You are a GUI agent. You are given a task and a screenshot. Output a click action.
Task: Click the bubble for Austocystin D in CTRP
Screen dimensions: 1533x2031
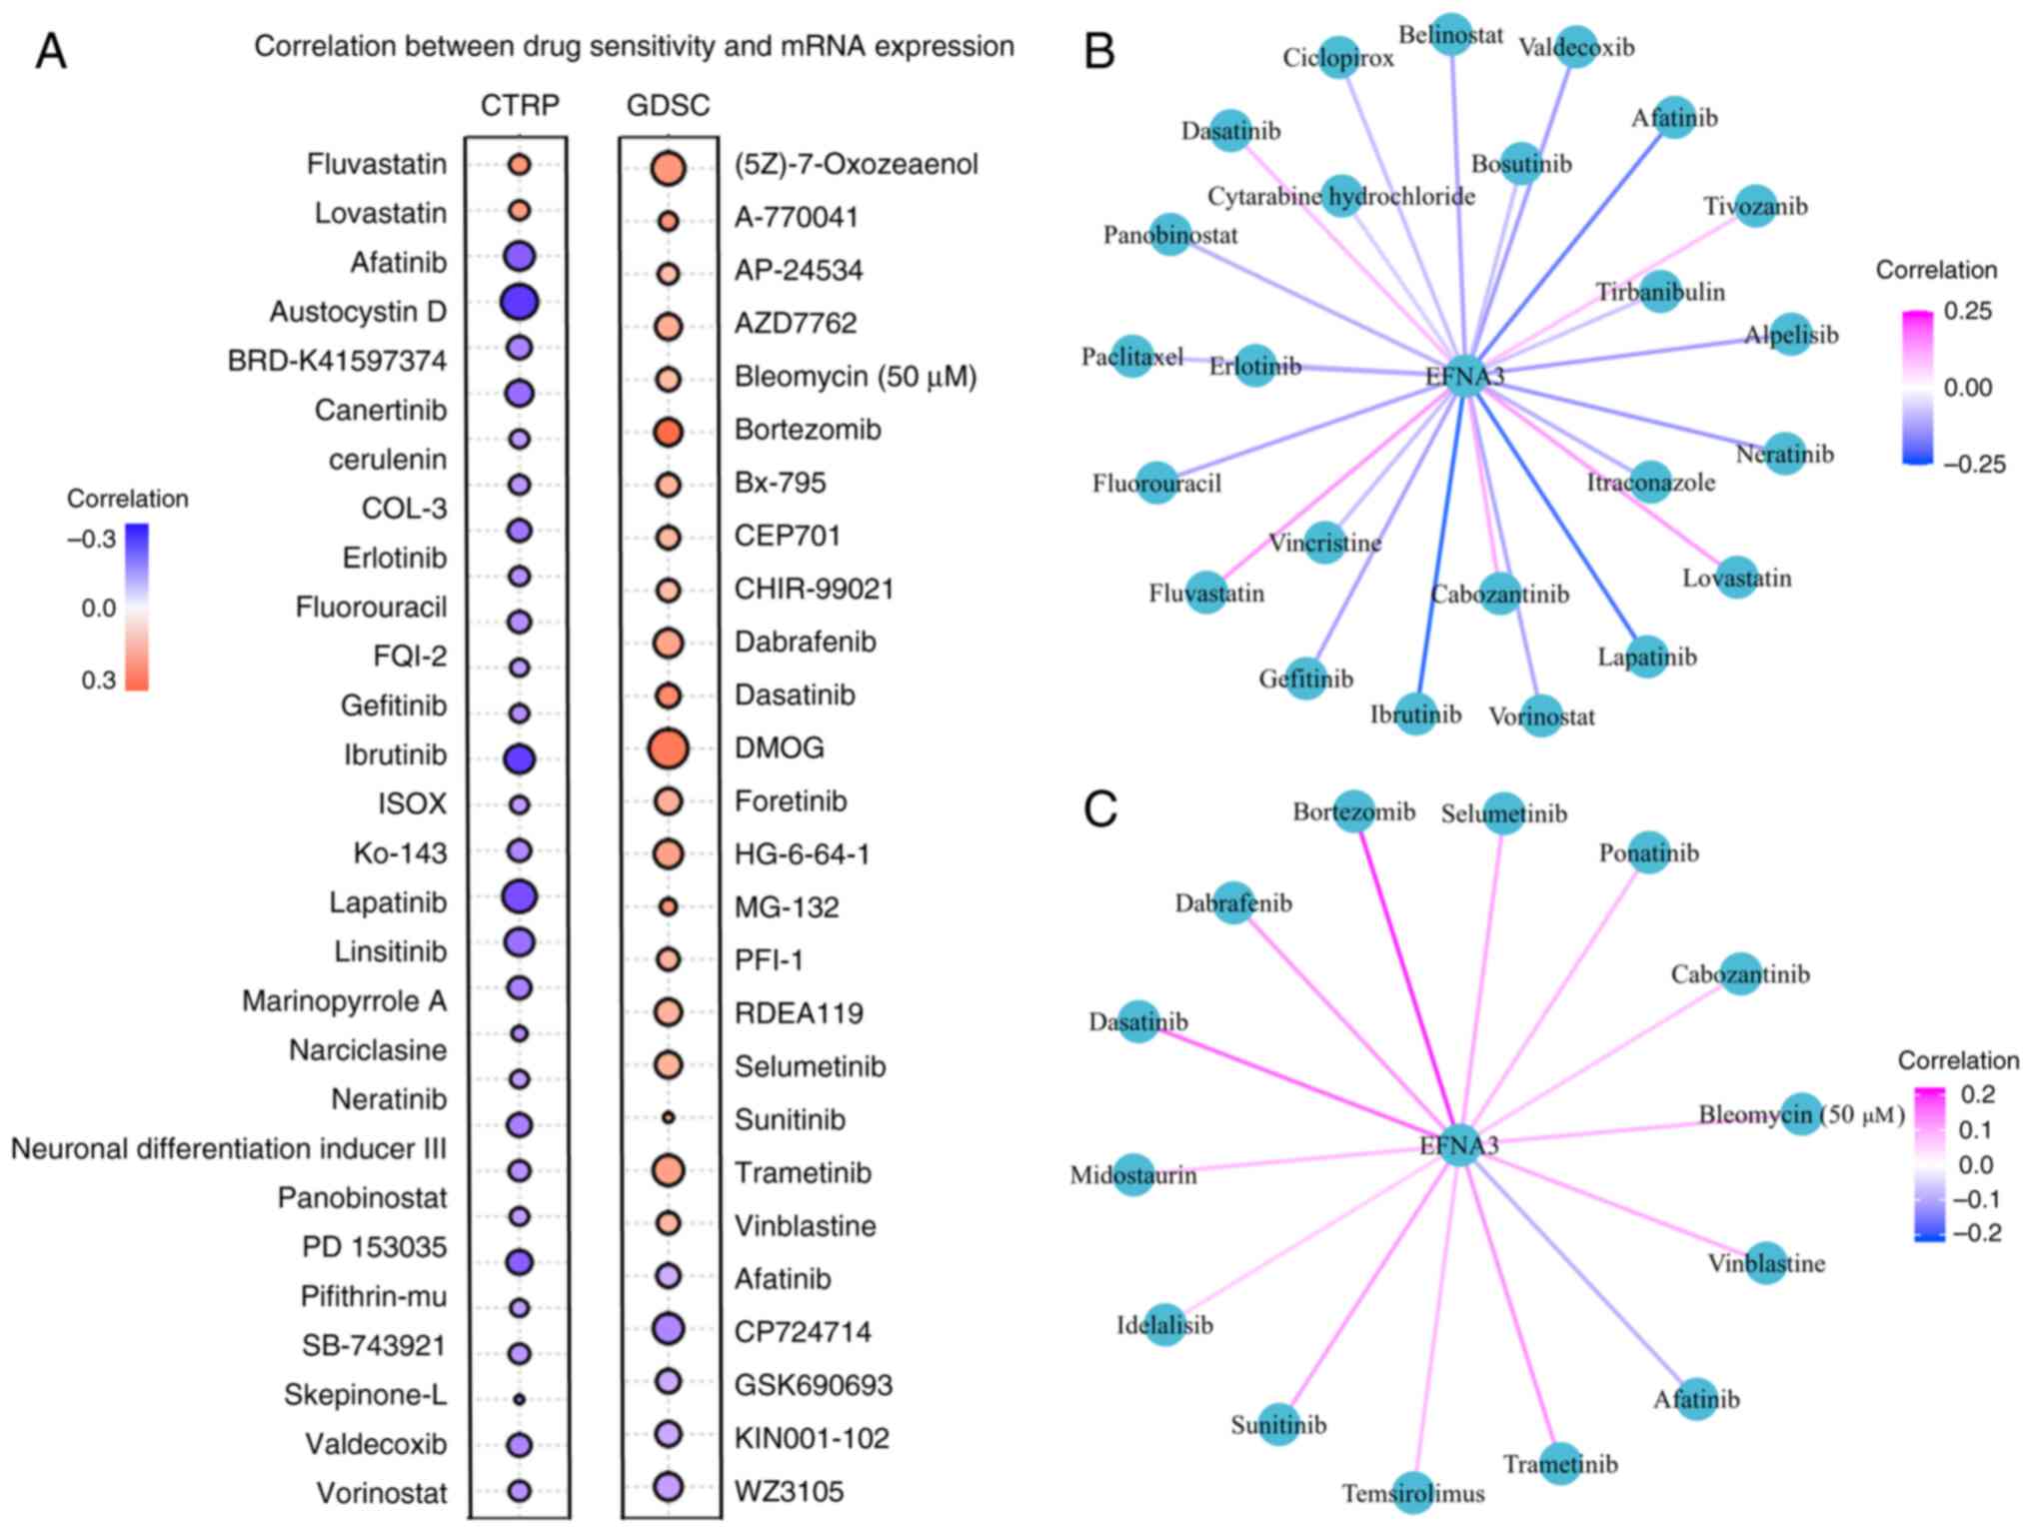tap(519, 302)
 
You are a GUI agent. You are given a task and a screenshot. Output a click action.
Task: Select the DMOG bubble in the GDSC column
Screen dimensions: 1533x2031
tap(668, 749)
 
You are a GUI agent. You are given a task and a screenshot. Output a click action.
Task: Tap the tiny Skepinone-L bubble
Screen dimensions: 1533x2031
tap(519, 1399)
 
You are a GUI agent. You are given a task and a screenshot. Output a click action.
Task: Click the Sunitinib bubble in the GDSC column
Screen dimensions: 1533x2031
tap(668, 1117)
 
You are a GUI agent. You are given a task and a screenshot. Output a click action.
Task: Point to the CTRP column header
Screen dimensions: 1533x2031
tap(520, 105)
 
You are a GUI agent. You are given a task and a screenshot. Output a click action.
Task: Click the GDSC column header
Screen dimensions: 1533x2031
tap(668, 105)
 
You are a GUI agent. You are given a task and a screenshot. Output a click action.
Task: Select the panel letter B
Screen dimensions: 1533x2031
tap(1099, 50)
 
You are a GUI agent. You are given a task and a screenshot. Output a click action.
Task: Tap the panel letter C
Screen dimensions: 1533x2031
tap(1100, 809)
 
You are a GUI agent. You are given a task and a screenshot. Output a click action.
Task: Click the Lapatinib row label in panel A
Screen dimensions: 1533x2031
tap(388, 902)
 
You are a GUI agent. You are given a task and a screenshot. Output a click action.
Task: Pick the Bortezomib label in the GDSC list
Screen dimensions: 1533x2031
tap(808, 430)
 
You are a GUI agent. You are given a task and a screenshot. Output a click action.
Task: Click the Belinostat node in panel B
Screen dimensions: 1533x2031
tap(1451, 35)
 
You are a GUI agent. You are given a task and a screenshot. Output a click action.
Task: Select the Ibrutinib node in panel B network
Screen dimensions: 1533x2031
tap(1416, 714)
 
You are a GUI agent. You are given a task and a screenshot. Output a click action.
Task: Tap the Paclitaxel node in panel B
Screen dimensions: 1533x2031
tap(1132, 357)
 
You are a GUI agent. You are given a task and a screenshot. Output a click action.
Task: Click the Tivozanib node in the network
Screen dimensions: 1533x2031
tap(1756, 206)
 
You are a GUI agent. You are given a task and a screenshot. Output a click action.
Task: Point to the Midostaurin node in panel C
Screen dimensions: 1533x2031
tap(1133, 1175)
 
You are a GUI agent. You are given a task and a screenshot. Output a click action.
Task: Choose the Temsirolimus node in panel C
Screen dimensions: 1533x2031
tap(1413, 1493)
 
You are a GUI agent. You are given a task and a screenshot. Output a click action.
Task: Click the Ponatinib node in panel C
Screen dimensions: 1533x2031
tap(1649, 852)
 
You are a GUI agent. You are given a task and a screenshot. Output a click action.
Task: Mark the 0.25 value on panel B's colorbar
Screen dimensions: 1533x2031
tap(1967, 311)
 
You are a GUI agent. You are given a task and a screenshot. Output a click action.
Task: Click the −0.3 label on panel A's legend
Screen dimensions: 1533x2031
tap(92, 540)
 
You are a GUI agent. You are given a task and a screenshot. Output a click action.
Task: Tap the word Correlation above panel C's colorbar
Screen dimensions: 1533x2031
tap(1958, 1060)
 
